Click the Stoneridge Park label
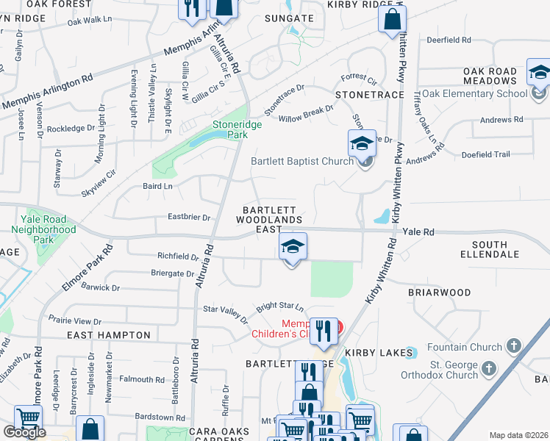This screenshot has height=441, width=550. click(237, 129)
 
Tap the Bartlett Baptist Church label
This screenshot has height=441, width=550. click(302, 162)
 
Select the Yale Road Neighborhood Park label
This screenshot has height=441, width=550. click(43, 229)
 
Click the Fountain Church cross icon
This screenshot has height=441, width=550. click(513, 345)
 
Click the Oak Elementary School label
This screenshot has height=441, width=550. click(474, 93)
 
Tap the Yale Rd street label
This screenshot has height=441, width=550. click(418, 232)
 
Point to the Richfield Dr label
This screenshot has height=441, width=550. click(178, 257)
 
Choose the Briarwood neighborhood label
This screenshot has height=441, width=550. click(439, 293)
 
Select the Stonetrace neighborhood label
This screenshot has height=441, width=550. click(369, 96)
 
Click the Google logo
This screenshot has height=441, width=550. click(24, 432)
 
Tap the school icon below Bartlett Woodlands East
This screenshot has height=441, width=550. click(293, 248)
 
